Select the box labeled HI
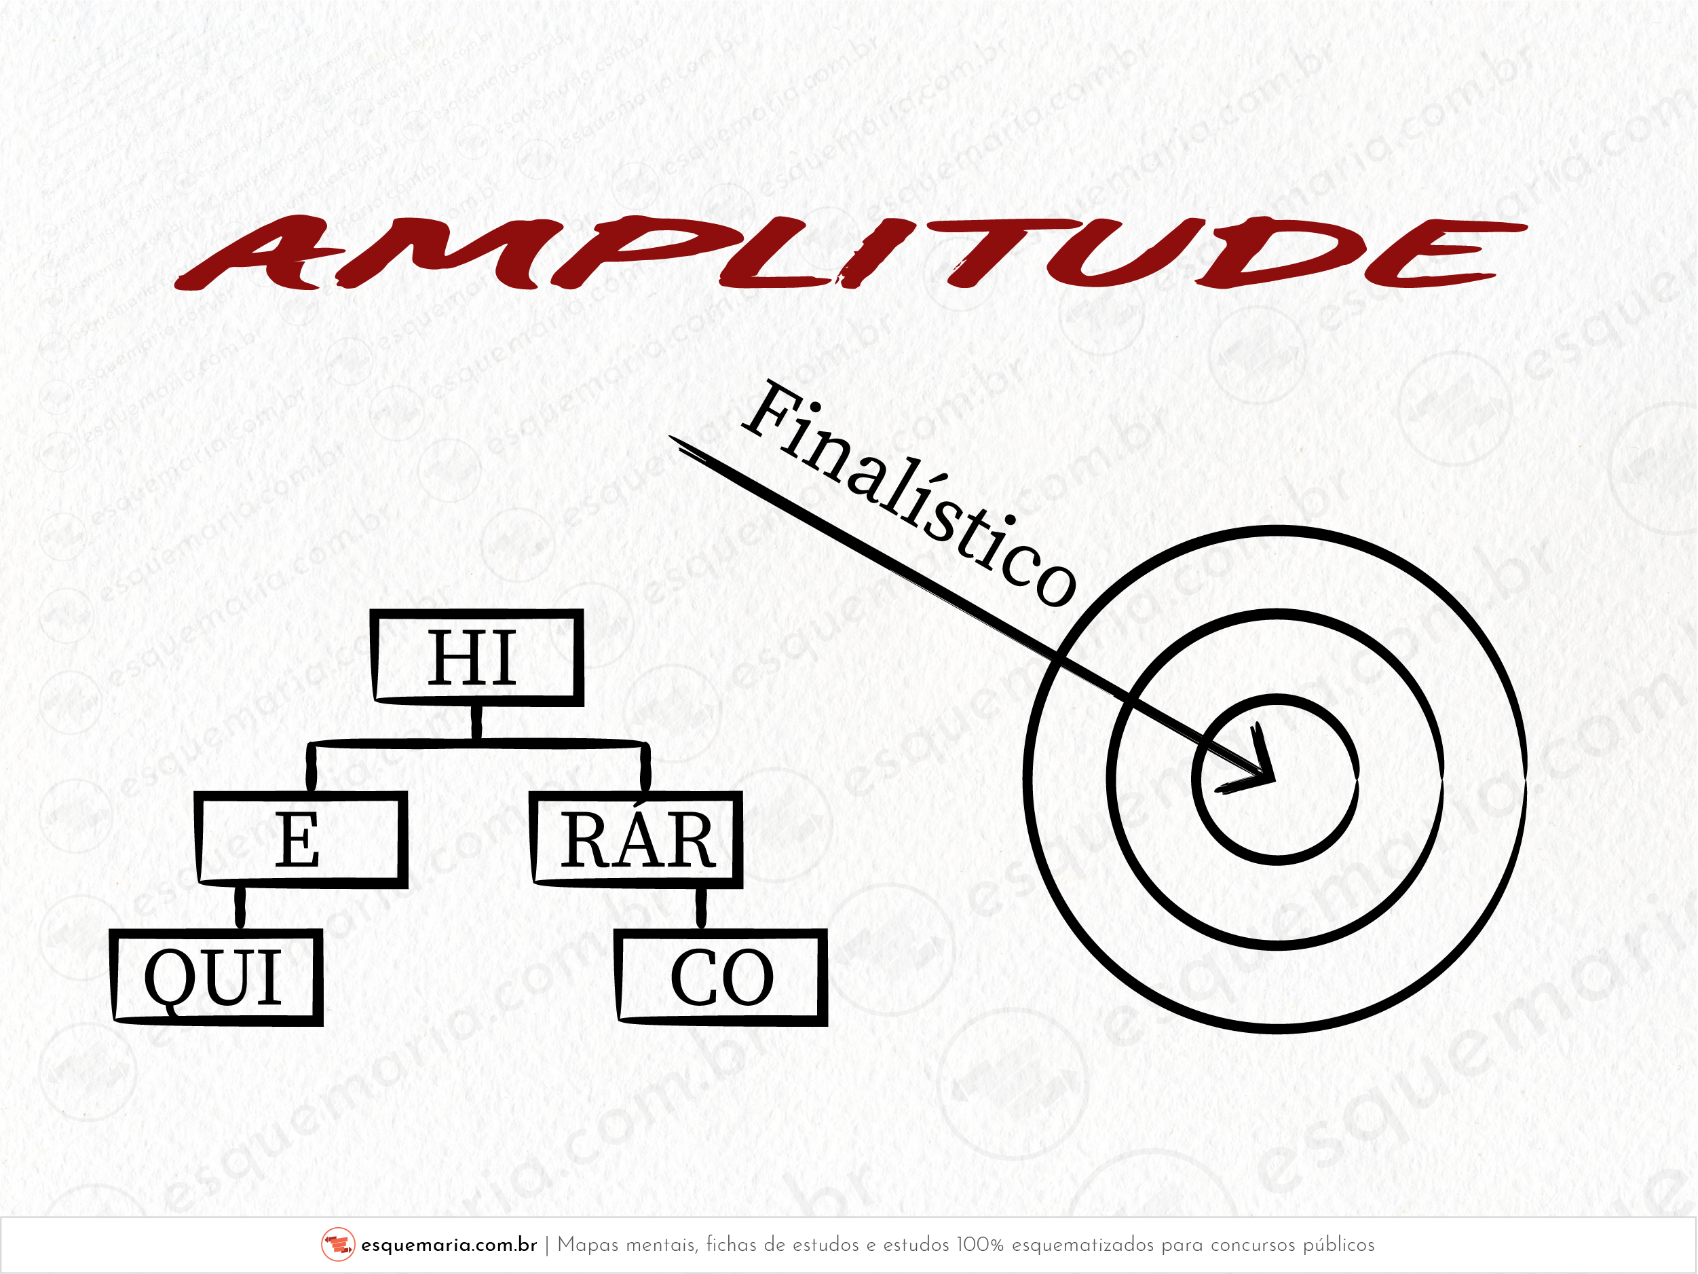[476, 657]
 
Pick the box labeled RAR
[637, 839]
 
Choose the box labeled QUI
[216, 977]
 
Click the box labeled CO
[722, 977]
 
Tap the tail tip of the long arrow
[674, 439]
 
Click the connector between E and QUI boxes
[240, 908]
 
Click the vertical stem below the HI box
[476, 722]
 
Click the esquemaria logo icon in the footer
[338, 1245]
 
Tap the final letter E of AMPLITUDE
[1451, 253]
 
